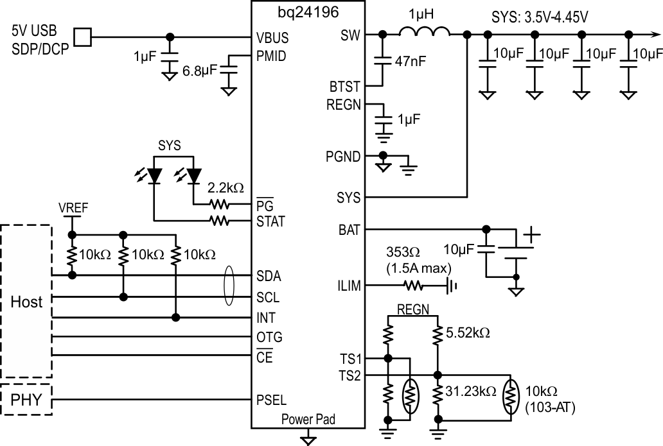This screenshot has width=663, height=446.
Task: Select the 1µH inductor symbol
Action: click(x=424, y=32)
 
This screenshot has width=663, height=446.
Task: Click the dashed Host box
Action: click(x=26, y=301)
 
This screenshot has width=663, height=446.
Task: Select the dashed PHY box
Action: click(x=26, y=401)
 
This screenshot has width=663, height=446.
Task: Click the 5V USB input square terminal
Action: click(x=82, y=37)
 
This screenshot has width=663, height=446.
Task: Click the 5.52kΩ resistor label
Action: click(x=468, y=334)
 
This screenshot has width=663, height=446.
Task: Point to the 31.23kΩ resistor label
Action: click(x=472, y=390)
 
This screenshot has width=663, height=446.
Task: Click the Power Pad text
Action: click(x=308, y=420)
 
